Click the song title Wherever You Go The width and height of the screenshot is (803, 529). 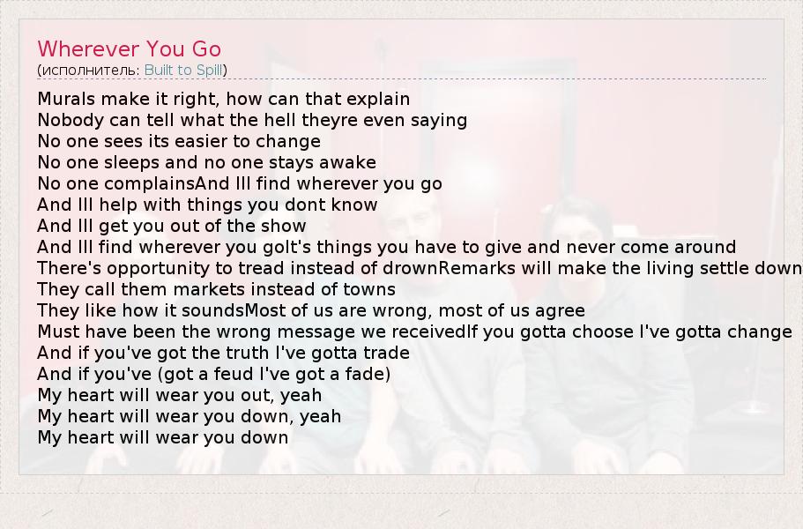(129, 49)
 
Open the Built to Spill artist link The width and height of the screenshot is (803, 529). (183, 71)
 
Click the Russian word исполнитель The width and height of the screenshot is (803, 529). (89, 71)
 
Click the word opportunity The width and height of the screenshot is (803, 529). (159, 269)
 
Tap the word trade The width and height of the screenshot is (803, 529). (387, 354)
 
